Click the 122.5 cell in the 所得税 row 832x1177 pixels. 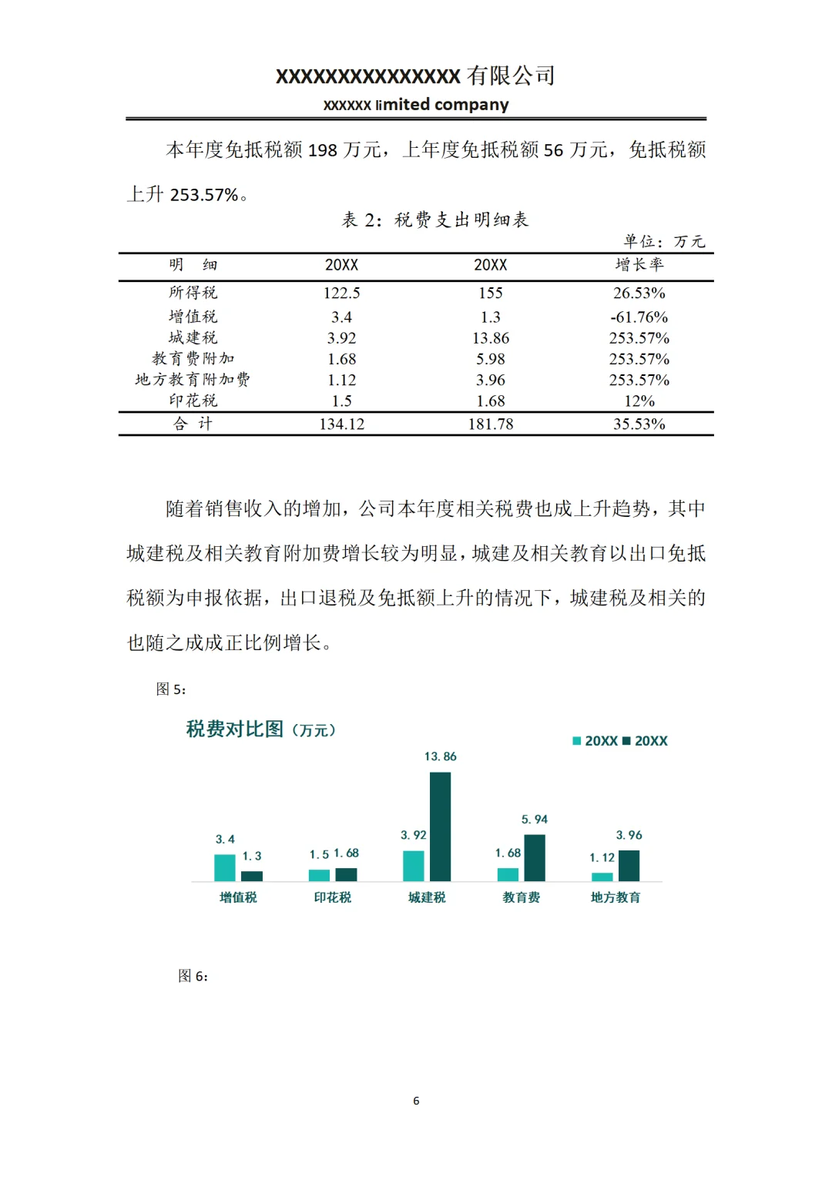coord(341,293)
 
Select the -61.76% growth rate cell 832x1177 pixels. coord(639,317)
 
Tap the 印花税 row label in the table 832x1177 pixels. coord(193,401)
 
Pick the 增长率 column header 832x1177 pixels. coord(639,265)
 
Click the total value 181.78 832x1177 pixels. coord(490,424)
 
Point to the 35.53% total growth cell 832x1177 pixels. coord(639,424)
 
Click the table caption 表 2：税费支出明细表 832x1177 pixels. coord(435,220)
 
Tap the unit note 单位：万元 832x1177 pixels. coord(664,242)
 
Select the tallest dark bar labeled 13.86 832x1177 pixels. coord(440,826)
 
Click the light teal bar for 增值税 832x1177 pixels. coord(224,867)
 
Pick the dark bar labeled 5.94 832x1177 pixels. coord(534,857)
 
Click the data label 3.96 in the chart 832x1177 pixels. coord(629,835)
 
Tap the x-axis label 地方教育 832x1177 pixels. coord(615,897)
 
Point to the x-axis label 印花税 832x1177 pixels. coord(332,897)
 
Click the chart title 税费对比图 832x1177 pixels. coord(235,729)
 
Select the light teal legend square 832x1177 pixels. coord(577,741)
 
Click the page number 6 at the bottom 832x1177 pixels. coord(416,1101)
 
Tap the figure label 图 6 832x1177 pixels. coord(193,976)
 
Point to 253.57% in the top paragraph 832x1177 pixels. coord(204,195)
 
